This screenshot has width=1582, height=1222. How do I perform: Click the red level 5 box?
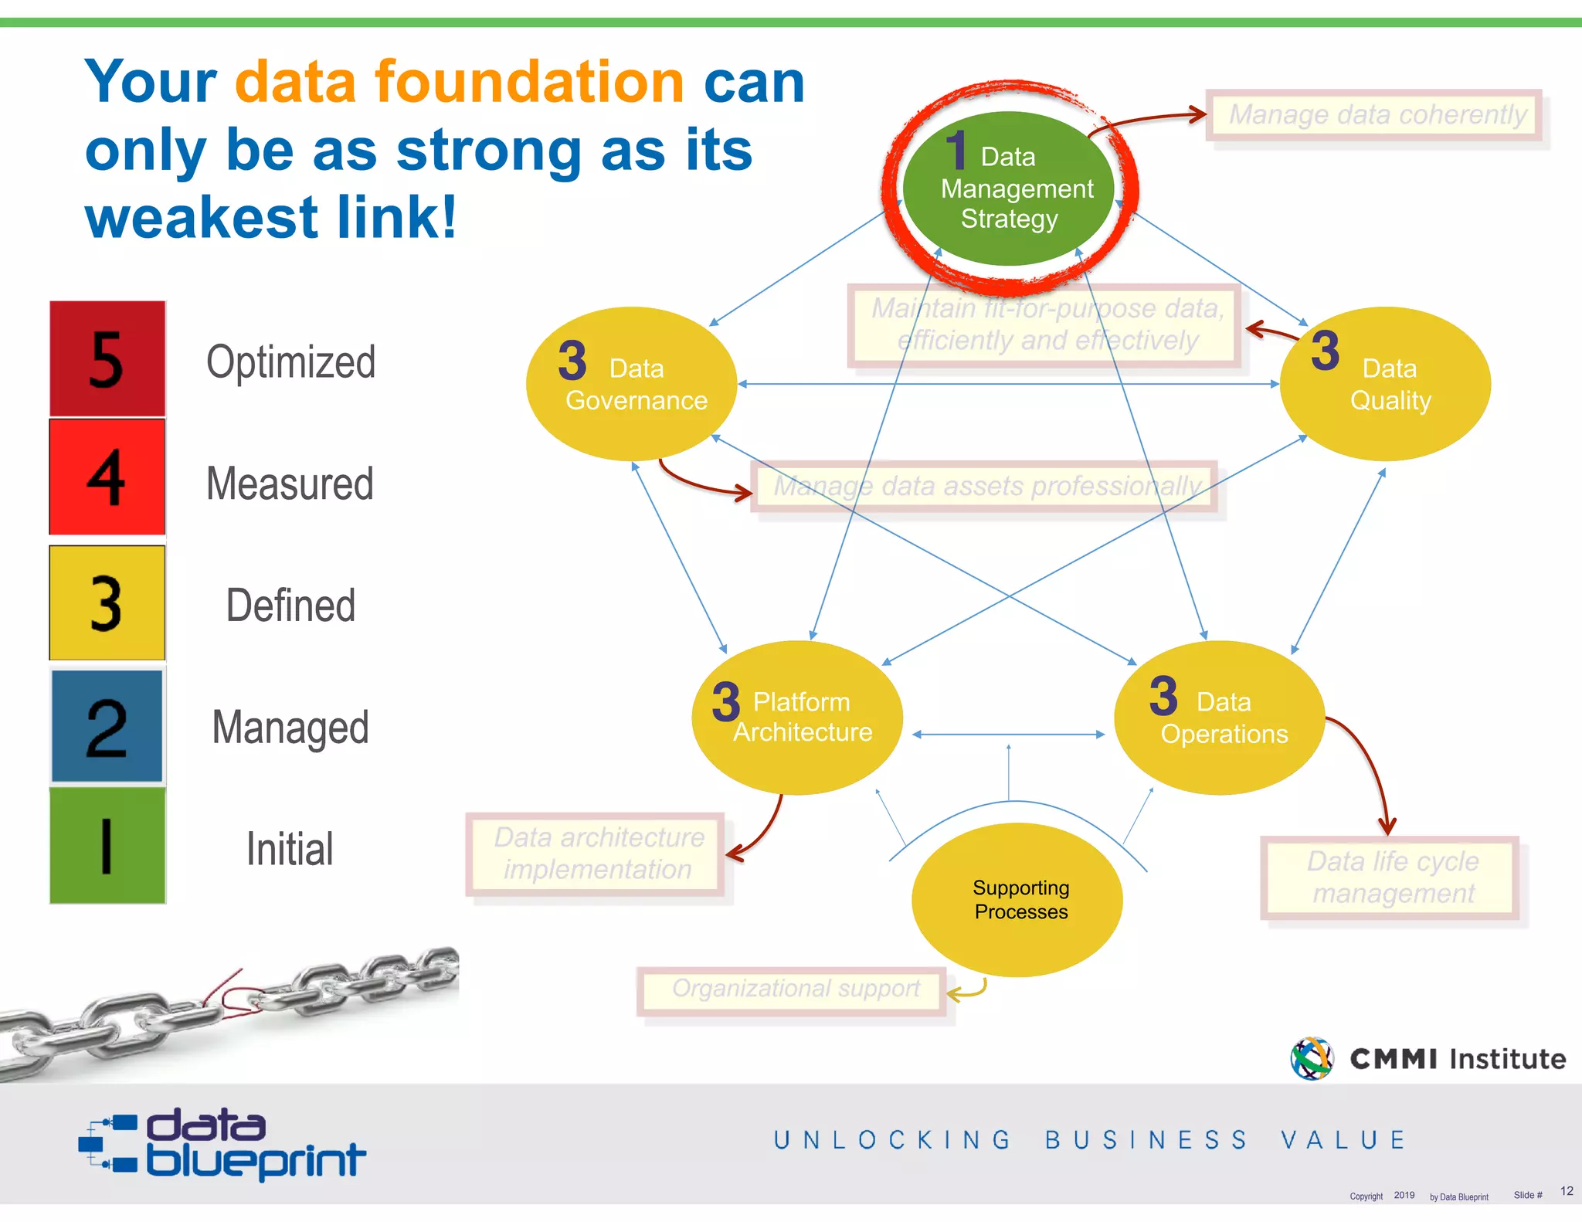pos(107,358)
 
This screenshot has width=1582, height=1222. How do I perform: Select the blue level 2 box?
pos(107,726)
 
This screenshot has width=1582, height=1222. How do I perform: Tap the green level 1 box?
pos(107,846)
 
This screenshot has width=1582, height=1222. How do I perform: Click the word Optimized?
pos(290,362)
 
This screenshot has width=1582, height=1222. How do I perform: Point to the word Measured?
pos(290,484)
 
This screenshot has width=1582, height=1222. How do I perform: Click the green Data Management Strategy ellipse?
pos(1008,188)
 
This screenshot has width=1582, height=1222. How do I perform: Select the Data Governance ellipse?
pos(632,384)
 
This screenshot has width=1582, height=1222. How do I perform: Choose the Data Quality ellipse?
pos(1385,384)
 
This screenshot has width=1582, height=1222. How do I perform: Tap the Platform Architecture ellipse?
pos(796,717)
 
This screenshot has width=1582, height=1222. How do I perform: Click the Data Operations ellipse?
pos(1219,717)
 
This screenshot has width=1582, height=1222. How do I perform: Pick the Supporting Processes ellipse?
pos(1017,900)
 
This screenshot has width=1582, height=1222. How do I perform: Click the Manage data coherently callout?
pos(1376,115)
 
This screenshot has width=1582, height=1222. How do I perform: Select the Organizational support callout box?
pos(793,989)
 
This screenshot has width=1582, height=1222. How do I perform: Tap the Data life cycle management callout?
pos(1391,877)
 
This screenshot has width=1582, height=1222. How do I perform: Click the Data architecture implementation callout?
pos(597,854)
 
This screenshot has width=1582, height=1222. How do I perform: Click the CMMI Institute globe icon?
pos(1312,1058)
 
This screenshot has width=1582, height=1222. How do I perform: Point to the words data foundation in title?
pos(460,81)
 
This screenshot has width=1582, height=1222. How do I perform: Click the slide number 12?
pos(1567,1190)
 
